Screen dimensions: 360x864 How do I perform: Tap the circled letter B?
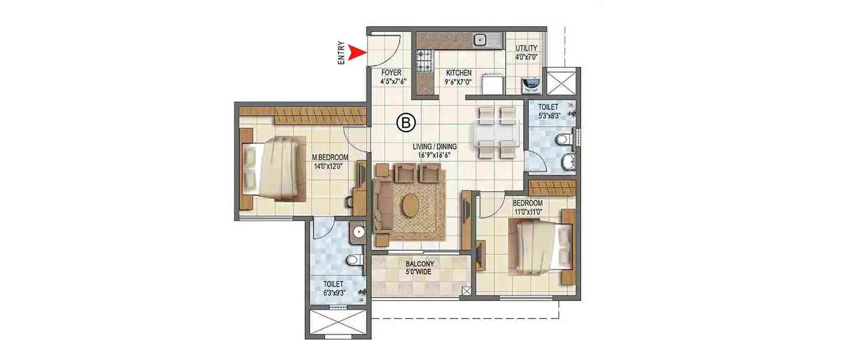click(x=406, y=122)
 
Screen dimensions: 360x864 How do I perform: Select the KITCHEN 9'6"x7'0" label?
click(x=459, y=77)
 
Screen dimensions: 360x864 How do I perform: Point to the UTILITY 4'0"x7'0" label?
click(x=526, y=52)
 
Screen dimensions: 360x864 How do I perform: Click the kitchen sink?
click(x=480, y=40)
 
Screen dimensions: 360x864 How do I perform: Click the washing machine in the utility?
click(x=530, y=85)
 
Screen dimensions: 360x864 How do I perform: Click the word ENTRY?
click(x=342, y=53)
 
